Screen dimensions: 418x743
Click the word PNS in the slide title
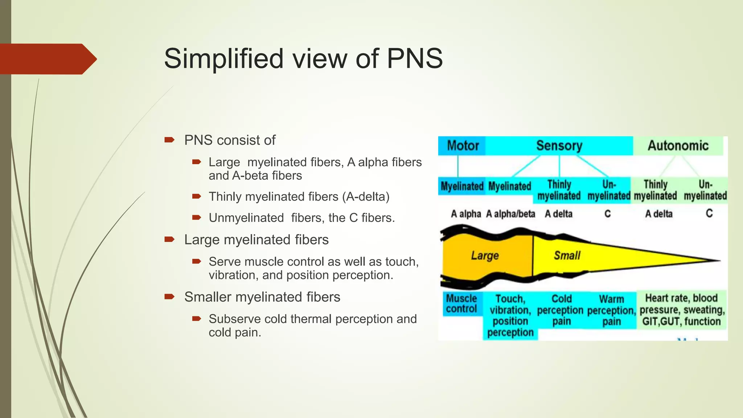click(415, 58)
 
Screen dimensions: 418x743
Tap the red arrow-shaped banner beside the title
click(47, 59)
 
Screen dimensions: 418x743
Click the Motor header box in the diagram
click(462, 146)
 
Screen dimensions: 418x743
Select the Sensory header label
click(559, 146)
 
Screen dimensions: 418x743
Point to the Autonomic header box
click(678, 146)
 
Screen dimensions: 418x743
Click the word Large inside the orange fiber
click(485, 256)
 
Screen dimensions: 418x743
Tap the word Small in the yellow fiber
click(567, 256)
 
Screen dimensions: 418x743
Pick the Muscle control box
click(461, 304)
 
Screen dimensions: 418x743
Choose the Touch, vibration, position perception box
click(510, 315)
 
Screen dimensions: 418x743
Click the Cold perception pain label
click(561, 310)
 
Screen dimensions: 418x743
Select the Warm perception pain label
click(612, 310)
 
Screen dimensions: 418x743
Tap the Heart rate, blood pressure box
click(682, 310)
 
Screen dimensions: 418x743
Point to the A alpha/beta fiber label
click(510, 214)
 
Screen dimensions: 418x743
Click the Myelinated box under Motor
click(462, 186)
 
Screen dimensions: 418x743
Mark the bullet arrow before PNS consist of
click(169, 140)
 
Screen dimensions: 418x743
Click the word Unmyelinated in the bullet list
click(246, 218)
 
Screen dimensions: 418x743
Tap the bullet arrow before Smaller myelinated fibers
click(169, 296)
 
